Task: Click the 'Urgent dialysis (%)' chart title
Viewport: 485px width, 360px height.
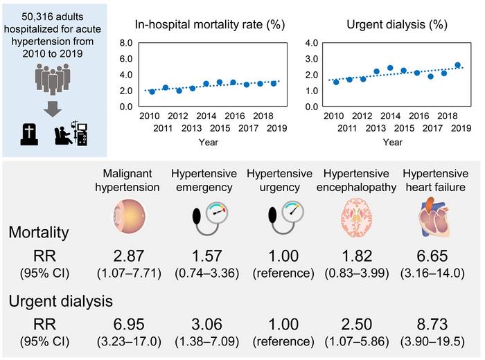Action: pos(395,26)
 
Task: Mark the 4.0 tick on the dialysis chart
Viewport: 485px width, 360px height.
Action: pos(311,42)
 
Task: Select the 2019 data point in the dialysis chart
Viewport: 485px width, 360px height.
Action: pos(458,66)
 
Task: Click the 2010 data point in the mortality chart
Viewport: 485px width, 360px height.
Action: pos(152,91)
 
